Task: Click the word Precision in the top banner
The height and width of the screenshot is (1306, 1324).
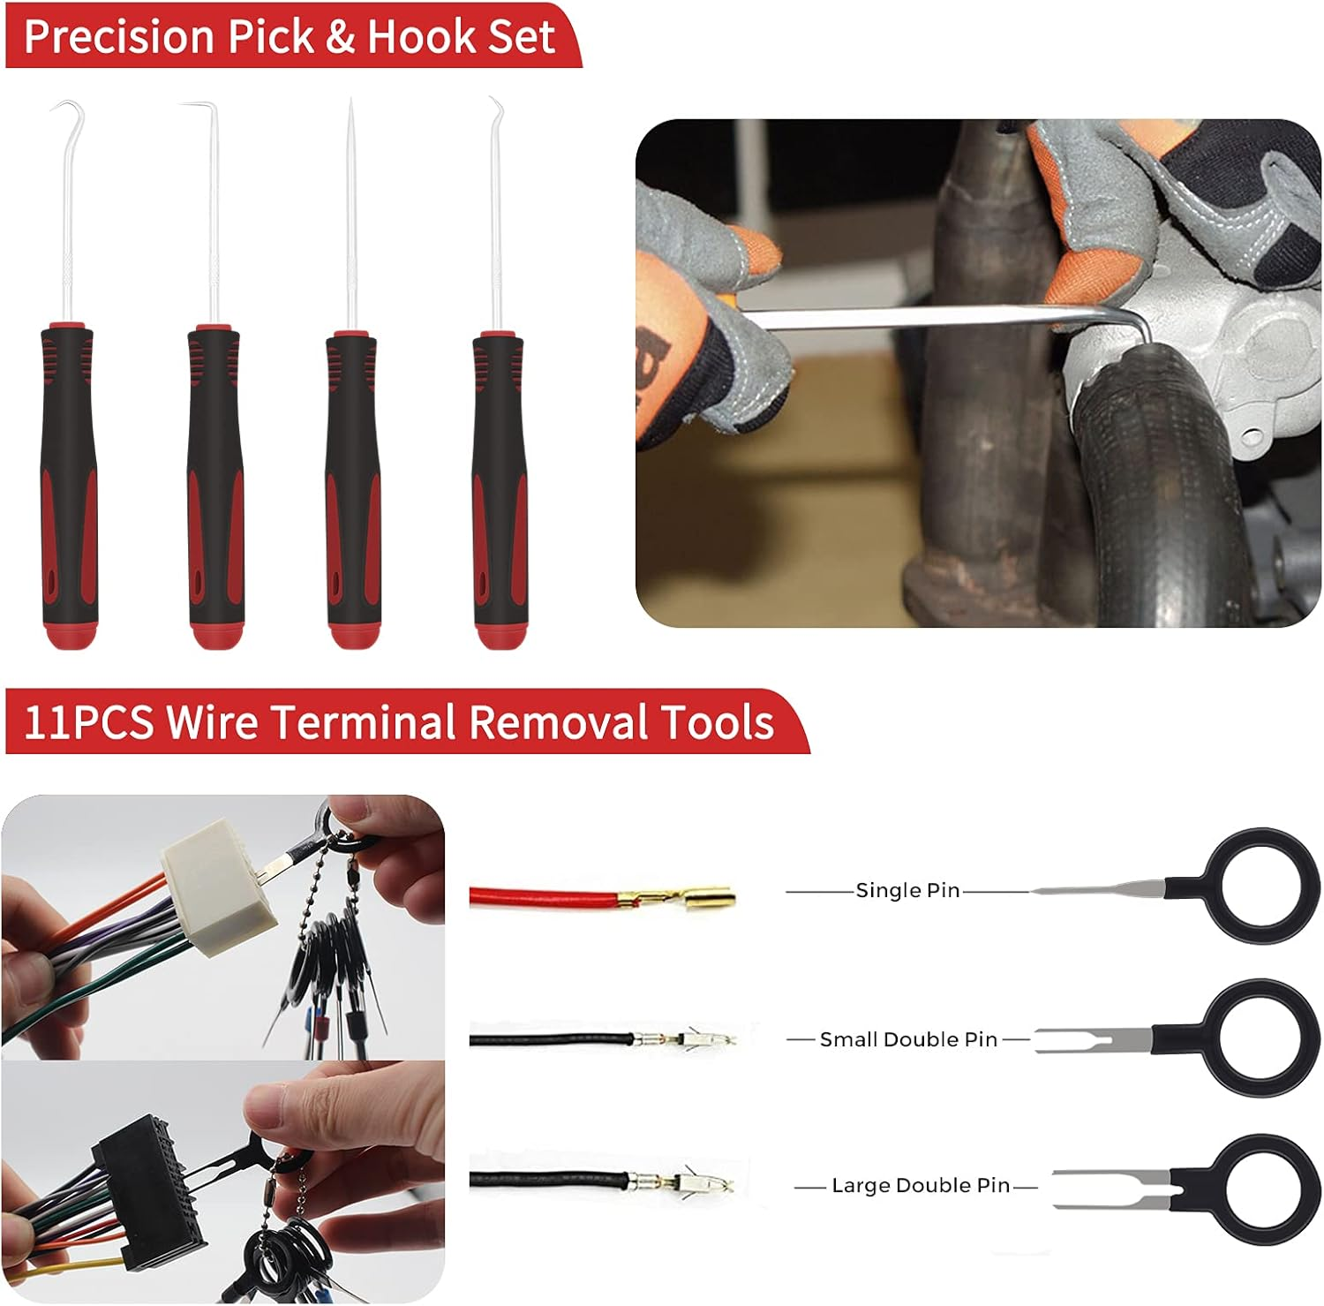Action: (120, 36)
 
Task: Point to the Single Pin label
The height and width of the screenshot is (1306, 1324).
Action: (907, 890)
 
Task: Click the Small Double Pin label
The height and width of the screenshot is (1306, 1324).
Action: (908, 1039)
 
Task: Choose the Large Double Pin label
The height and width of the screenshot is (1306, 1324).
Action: (921, 1185)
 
